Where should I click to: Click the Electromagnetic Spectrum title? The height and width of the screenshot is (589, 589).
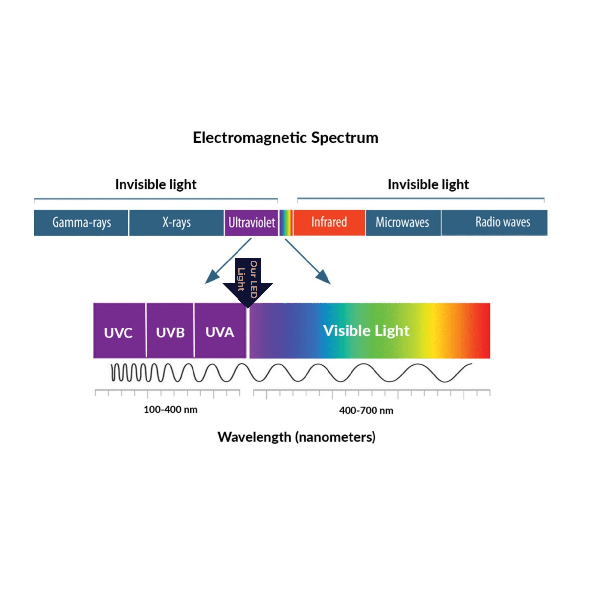[x=285, y=138]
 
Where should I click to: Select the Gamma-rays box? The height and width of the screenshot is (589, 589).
[x=81, y=223]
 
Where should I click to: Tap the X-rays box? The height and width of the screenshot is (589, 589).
[x=176, y=223]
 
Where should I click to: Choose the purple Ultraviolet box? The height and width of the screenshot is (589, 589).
[x=251, y=223]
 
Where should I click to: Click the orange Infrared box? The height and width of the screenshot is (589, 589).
[x=329, y=222]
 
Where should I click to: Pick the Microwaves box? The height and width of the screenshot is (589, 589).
[x=403, y=223]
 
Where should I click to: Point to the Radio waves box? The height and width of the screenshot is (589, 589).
[x=494, y=222]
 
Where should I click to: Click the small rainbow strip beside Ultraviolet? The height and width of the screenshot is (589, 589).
[x=286, y=223]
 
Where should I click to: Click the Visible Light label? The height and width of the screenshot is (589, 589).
[x=366, y=330]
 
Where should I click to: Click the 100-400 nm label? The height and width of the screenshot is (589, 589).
[x=170, y=410]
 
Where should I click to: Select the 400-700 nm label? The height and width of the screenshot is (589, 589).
[x=366, y=410]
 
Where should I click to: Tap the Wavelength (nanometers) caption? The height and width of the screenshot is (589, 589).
[x=296, y=437]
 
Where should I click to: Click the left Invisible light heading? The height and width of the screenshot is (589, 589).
[x=156, y=185]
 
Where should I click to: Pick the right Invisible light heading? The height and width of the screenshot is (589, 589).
[x=428, y=185]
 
